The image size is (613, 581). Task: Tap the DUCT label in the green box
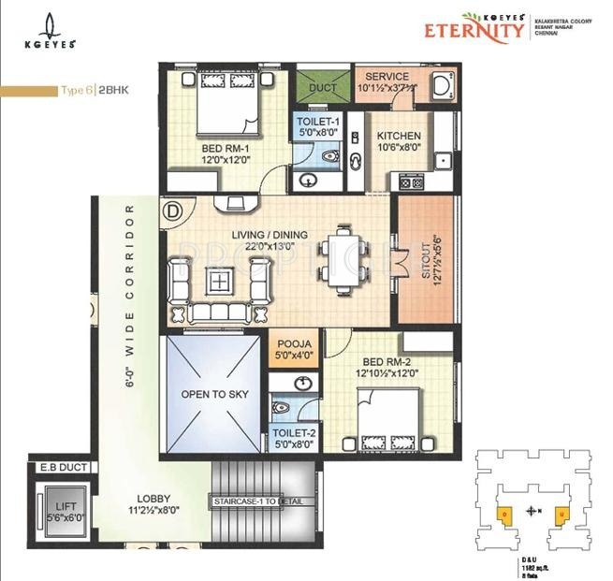click(322, 87)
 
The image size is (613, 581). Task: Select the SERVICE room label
click(387, 77)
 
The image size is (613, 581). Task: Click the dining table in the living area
click(336, 260)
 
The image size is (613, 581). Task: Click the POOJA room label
click(293, 345)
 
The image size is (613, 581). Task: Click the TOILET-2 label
click(293, 432)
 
